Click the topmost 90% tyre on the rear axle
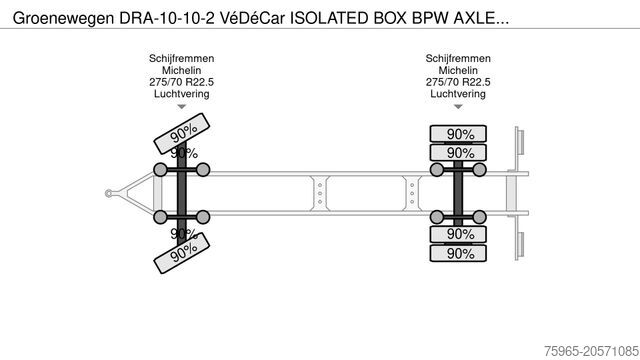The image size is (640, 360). [460, 134]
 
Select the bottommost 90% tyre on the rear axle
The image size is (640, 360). [460, 253]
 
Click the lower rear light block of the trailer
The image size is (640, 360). [519, 243]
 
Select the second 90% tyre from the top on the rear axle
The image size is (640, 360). [460, 153]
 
